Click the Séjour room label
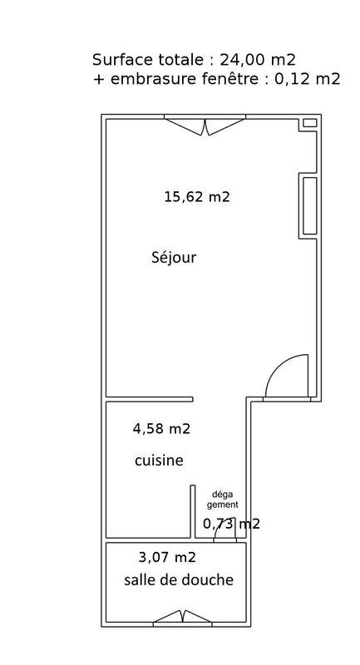[x=174, y=258]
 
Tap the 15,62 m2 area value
[x=197, y=197]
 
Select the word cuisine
[x=159, y=461]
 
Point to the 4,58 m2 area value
[x=161, y=429]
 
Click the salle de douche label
[x=179, y=579]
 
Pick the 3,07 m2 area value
[x=167, y=557]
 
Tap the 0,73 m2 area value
[x=231, y=524]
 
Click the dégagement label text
[x=223, y=500]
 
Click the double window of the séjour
[x=205, y=126]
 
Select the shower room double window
[x=182, y=617]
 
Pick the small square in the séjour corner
[x=310, y=123]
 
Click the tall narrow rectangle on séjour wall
[x=310, y=205]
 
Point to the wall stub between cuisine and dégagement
[x=193, y=512]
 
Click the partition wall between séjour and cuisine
[x=150, y=399]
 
